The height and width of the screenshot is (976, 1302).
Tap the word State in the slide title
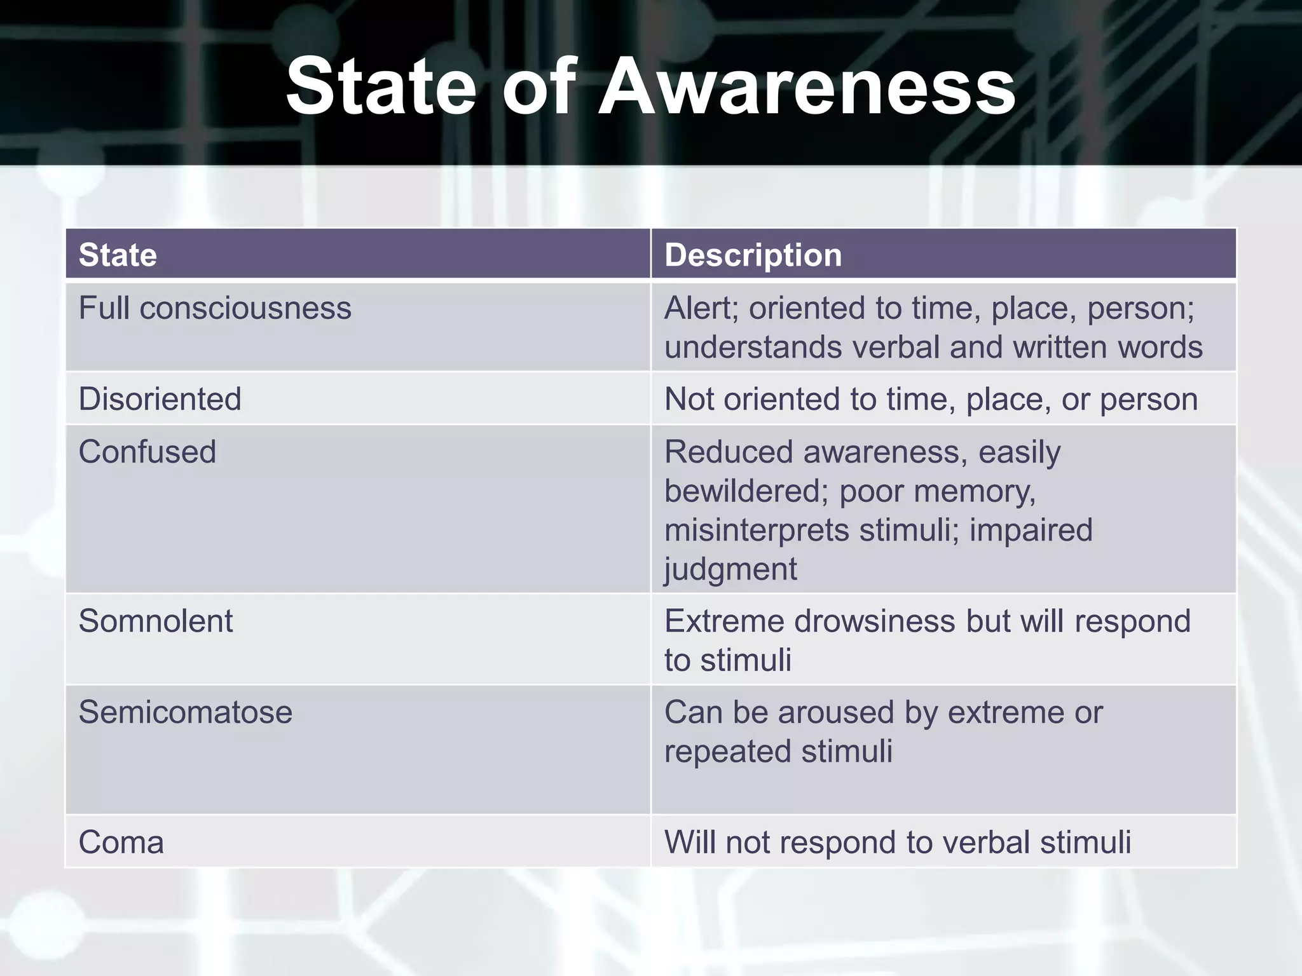point(381,86)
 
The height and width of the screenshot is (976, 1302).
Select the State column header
point(118,255)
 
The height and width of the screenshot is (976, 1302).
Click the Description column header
point(753,255)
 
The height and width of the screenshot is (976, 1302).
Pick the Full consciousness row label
point(215,309)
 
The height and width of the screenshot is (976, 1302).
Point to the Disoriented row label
point(160,400)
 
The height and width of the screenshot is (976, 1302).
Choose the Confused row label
point(147,452)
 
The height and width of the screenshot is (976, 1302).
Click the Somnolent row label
point(155,621)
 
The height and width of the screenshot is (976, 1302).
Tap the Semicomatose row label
point(185,712)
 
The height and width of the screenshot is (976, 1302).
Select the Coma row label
point(121,843)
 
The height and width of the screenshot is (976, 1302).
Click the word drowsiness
point(874,621)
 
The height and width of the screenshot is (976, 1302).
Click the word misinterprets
point(757,530)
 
